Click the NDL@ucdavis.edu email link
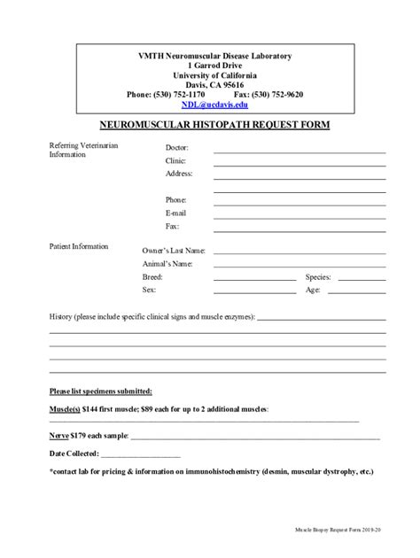(211, 104)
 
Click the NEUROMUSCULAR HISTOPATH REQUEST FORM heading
(210, 126)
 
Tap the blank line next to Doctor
(299, 151)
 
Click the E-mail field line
(299, 216)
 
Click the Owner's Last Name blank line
(299, 253)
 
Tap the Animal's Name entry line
(299, 267)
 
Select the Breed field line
(254, 279)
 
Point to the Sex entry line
(254, 291)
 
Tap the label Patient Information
(79, 246)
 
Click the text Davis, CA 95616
(210, 84)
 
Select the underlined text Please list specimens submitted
(99, 391)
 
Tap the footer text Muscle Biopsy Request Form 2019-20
(338, 529)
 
